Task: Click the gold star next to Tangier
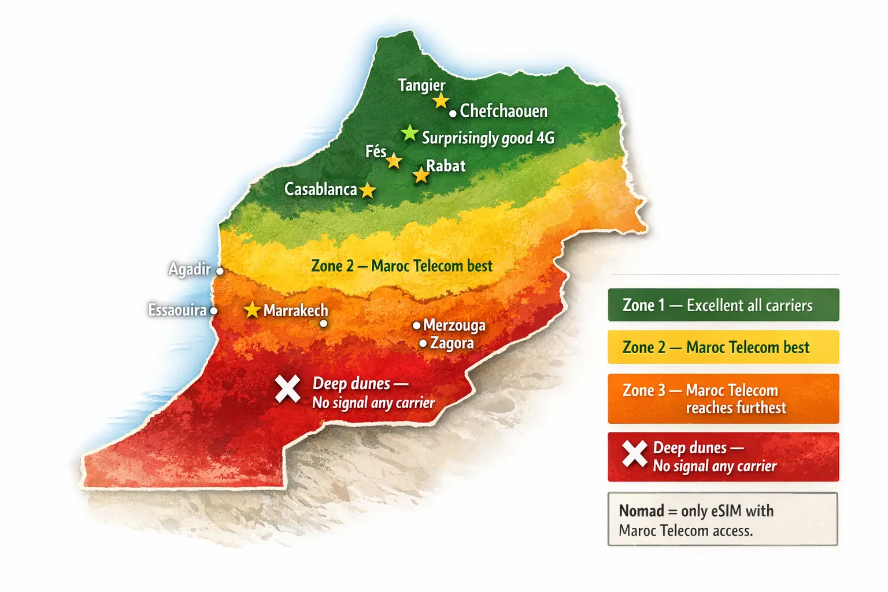tap(441, 101)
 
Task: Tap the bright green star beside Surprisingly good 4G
tap(410, 133)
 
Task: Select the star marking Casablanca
tap(368, 190)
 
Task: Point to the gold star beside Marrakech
tap(252, 310)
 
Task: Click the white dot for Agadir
tap(220, 271)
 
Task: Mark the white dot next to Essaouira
tap(213, 311)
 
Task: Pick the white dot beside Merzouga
tap(416, 325)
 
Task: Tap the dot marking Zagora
tap(423, 343)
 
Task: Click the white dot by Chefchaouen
tap(453, 113)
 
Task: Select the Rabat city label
tap(446, 166)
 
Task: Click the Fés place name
tap(376, 151)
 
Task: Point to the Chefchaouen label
tap(504, 111)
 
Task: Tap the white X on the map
tap(287, 388)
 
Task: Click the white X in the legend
tap(634, 454)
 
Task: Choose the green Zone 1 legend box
tap(723, 305)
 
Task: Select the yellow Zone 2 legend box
tap(723, 347)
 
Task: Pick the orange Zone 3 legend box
tap(723, 399)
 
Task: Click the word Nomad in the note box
tap(641, 511)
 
